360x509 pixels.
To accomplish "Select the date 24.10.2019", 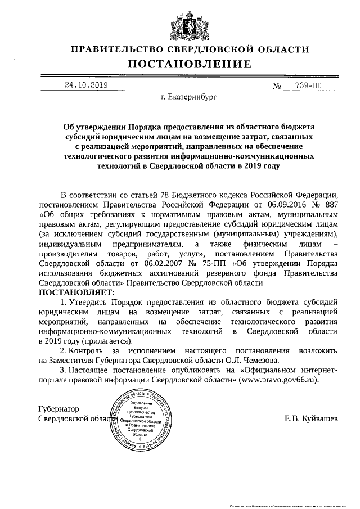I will click(x=86, y=85).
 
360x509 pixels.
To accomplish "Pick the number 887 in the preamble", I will click(x=331, y=204).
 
